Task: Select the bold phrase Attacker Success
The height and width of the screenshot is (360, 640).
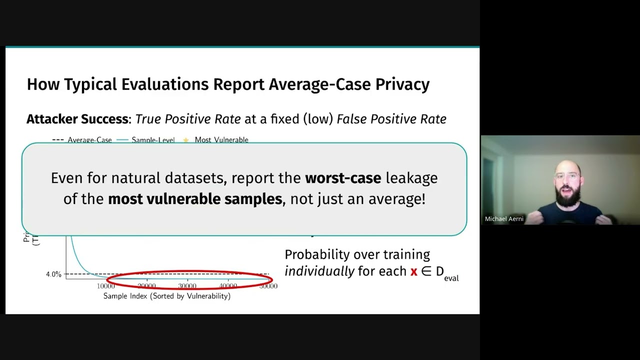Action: (77, 119)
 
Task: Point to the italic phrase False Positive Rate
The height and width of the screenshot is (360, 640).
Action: (391, 119)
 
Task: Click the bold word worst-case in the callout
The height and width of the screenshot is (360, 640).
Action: (343, 178)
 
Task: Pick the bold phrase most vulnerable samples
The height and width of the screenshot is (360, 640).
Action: (195, 199)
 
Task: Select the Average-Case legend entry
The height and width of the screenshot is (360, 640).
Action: (89, 140)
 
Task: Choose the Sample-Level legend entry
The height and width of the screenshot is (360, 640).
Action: (153, 140)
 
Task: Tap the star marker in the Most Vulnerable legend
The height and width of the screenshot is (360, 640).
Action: (186, 140)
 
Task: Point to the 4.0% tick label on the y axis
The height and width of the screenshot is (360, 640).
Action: (53, 274)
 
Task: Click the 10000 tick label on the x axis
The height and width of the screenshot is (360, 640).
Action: (106, 286)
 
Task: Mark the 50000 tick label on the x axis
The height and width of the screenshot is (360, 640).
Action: (268, 286)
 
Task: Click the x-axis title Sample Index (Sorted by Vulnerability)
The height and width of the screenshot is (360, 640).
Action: (167, 296)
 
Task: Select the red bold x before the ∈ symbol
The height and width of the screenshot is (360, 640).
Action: (413, 272)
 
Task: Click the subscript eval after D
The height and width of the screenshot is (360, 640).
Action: (451, 278)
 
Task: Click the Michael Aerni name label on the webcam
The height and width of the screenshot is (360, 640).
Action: (504, 219)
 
